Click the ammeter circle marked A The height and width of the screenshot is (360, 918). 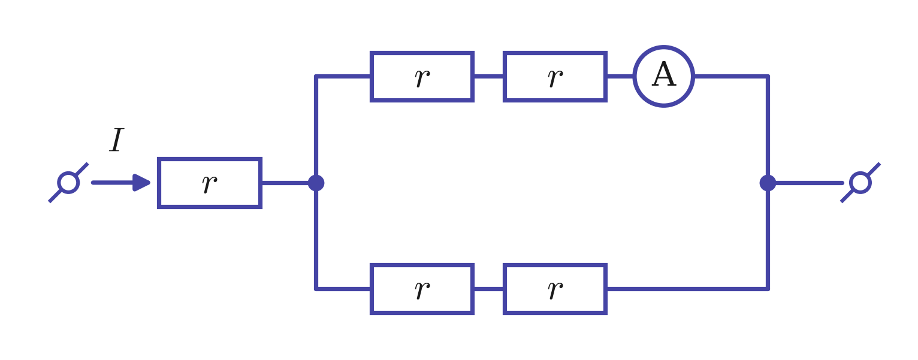663,46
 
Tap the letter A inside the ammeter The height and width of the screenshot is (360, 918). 664,74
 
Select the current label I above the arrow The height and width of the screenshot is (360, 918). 117,140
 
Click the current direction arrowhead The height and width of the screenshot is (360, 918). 141,183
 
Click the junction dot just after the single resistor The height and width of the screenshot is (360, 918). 316,183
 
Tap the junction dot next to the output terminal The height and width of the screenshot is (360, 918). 768,183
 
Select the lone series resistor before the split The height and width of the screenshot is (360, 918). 209,159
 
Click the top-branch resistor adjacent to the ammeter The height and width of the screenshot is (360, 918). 555,53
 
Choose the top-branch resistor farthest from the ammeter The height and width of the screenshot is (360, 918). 422,53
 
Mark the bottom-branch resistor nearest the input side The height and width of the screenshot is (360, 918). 422,265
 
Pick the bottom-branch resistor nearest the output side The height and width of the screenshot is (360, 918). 555,265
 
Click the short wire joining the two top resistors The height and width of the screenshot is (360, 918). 488,76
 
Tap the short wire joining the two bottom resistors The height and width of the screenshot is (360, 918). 488,289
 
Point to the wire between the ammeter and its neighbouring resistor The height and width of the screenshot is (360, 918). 620,76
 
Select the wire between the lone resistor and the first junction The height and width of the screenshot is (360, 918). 285,183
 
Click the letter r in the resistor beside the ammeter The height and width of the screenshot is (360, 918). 555,78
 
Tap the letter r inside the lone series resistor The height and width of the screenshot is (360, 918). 210,184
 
